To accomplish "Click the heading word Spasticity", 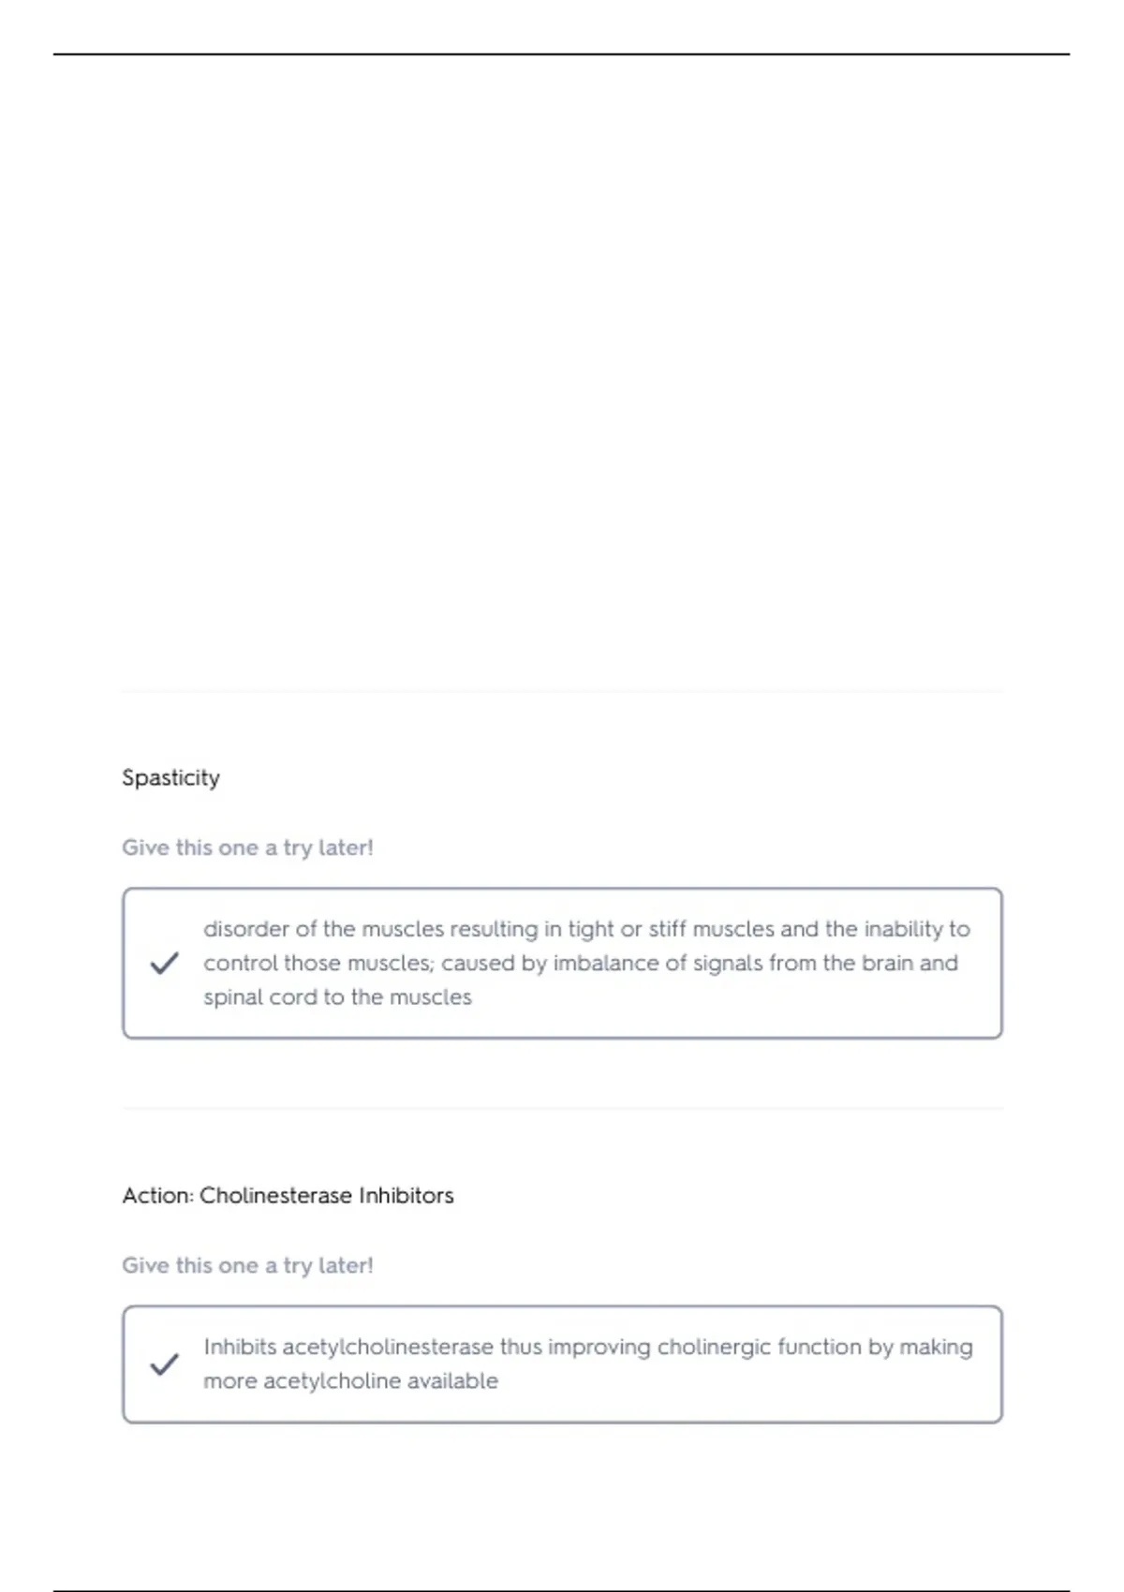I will [x=170, y=777].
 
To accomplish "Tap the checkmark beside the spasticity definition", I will [x=164, y=963].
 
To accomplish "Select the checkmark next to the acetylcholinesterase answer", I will [x=164, y=1364].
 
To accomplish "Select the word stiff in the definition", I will [x=667, y=929].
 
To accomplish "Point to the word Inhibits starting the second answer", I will [x=239, y=1347].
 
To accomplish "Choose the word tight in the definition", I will [x=591, y=929].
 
